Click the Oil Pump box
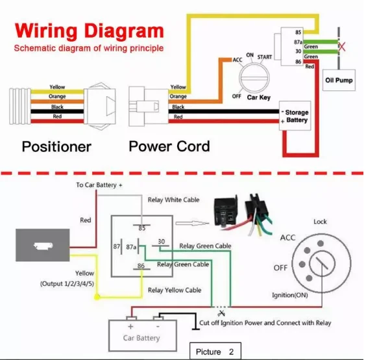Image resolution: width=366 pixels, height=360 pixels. click(x=339, y=80)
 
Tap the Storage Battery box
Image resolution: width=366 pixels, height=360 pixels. click(x=295, y=116)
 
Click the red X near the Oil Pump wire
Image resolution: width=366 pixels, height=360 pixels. click(x=342, y=47)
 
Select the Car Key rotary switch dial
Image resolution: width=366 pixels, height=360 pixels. click(x=254, y=78)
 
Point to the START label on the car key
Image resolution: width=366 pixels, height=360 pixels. click(x=265, y=57)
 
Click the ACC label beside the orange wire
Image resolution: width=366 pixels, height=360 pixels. click(x=238, y=60)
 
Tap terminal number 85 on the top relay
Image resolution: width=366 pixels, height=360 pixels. click(x=298, y=32)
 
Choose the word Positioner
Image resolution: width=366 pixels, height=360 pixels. click(x=56, y=147)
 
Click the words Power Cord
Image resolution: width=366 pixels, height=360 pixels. click(x=169, y=146)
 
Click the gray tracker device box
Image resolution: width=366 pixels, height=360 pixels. click(x=42, y=245)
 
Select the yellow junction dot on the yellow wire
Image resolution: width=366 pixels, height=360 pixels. click(x=97, y=297)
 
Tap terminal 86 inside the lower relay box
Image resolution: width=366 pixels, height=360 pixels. click(x=141, y=266)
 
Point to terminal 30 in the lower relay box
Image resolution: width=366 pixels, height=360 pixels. click(x=162, y=242)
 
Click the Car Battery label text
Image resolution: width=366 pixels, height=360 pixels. click(x=141, y=338)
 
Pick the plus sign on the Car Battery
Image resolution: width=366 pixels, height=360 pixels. click(x=130, y=326)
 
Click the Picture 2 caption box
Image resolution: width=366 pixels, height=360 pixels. click(x=215, y=351)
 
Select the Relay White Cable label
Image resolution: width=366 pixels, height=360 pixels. click(x=174, y=200)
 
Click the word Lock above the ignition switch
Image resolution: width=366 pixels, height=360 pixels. click(x=320, y=222)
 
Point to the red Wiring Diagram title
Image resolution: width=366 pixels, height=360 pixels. click(x=90, y=31)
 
